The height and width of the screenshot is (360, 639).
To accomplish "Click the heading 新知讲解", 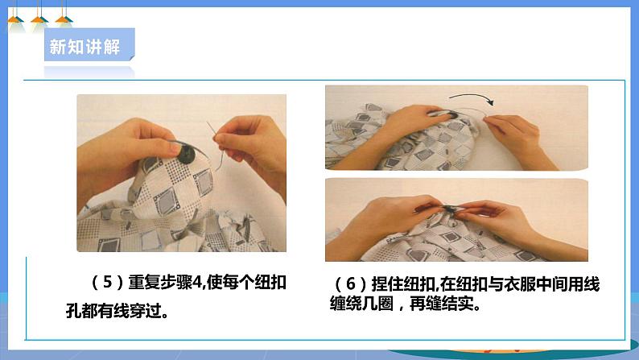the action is click(x=85, y=47).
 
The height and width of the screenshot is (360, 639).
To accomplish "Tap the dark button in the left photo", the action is click(x=187, y=154).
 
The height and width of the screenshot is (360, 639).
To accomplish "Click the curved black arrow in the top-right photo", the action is click(x=472, y=97).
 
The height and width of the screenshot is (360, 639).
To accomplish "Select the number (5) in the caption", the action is click(x=108, y=282).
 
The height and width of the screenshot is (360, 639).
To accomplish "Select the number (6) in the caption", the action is click(x=350, y=283).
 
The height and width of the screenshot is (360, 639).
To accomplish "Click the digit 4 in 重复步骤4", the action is click(x=198, y=282).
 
